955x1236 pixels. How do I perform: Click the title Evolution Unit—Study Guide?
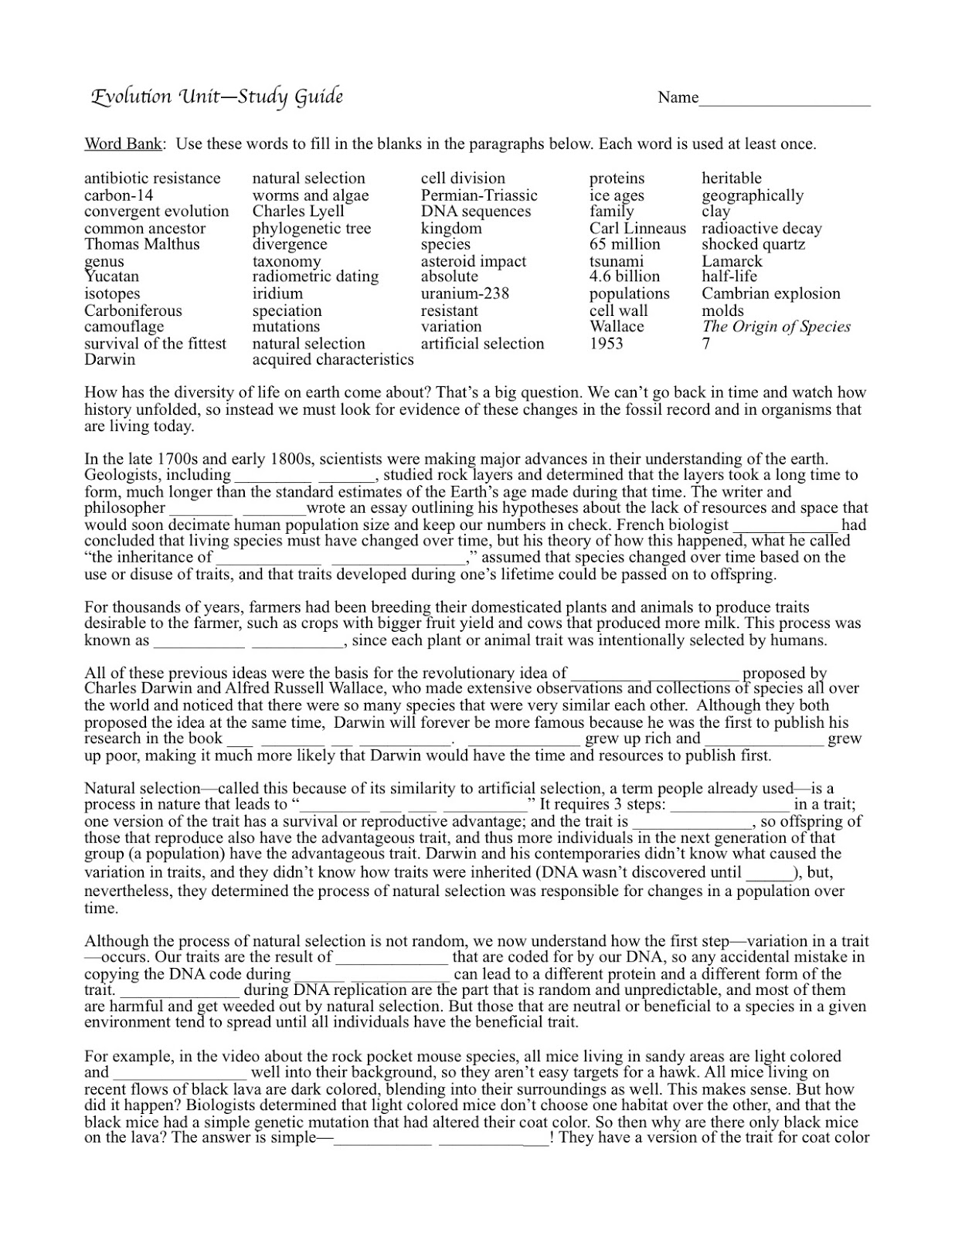pyautogui.click(x=217, y=97)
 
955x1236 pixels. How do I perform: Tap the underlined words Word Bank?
pyautogui.click(x=123, y=144)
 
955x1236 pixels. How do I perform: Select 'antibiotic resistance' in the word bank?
pyautogui.click(x=152, y=178)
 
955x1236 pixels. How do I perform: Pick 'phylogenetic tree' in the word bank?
pyautogui.click(x=311, y=229)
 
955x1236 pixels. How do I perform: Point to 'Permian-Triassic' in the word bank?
pyautogui.click(x=478, y=195)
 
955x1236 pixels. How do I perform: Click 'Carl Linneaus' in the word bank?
pyautogui.click(x=637, y=229)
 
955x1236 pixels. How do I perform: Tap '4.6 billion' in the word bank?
pyautogui.click(x=624, y=277)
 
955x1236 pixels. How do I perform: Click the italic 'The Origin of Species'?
pyautogui.click(x=776, y=327)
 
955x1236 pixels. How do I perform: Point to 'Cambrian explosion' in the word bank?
pyautogui.click(x=770, y=294)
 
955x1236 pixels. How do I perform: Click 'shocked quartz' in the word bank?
pyautogui.click(x=753, y=244)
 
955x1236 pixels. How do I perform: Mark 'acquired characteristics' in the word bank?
pyautogui.click(x=332, y=360)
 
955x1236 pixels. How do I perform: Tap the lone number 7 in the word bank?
pyautogui.click(x=705, y=344)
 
